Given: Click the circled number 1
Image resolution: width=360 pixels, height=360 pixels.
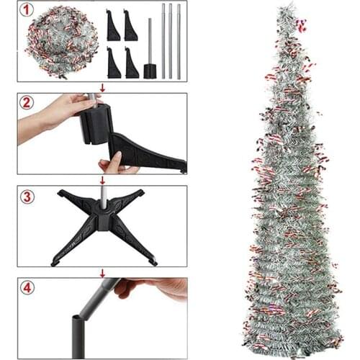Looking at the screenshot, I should pyautogui.click(x=27, y=12).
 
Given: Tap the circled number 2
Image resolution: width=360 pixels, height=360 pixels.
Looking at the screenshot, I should pyautogui.click(x=27, y=102).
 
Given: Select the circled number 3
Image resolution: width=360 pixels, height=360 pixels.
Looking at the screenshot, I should pyautogui.click(x=27, y=196).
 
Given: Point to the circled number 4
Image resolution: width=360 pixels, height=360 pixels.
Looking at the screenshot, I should pyautogui.click(x=27, y=289).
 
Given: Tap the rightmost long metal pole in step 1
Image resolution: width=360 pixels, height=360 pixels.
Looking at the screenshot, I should pyautogui.click(x=179, y=41).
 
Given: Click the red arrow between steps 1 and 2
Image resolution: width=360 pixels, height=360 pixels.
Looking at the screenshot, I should pyautogui.click(x=102, y=88).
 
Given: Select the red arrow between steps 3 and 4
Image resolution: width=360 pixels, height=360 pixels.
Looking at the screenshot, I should pyautogui.click(x=102, y=273).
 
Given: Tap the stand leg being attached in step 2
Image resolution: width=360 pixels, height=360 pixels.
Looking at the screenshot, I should pyautogui.click(x=148, y=151).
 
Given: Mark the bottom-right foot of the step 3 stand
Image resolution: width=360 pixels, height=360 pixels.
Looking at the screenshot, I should pyautogui.click(x=153, y=260).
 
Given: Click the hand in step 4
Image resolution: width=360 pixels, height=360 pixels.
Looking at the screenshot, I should pyautogui.click(x=155, y=289).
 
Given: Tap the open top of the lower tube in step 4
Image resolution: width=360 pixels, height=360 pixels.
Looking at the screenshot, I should pyautogui.click(x=77, y=318).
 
